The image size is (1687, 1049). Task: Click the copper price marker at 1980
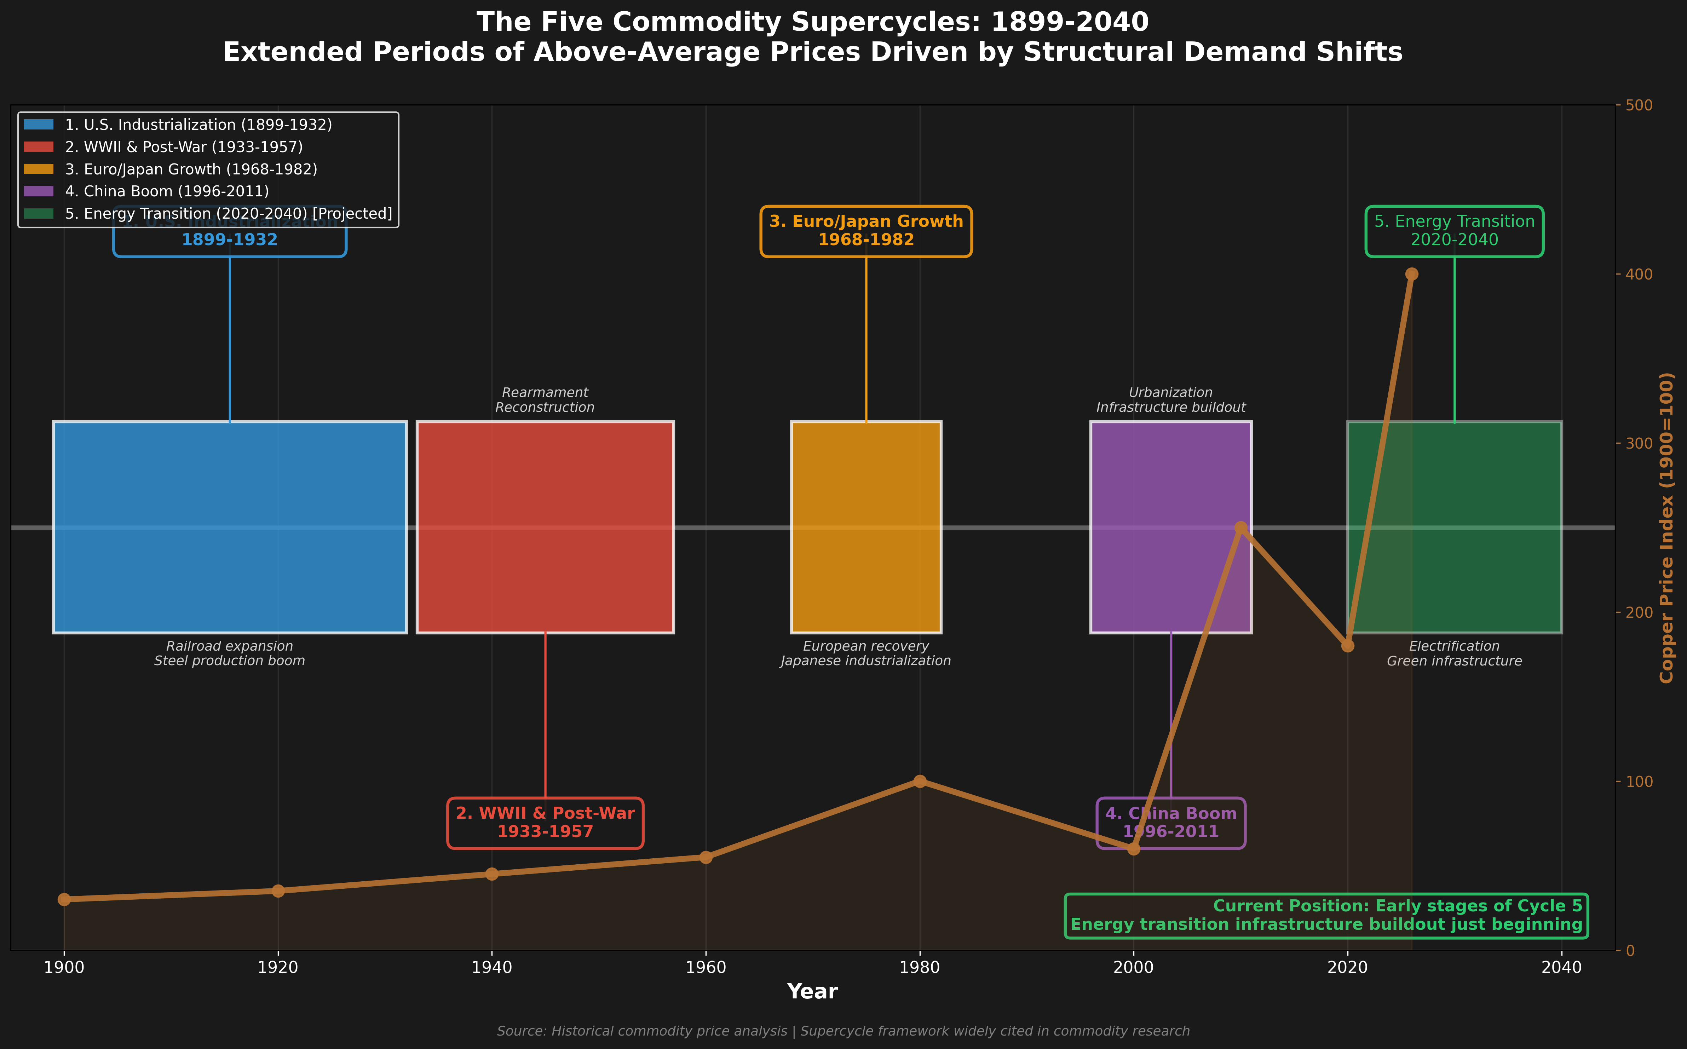click(x=920, y=781)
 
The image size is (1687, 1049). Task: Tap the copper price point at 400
click(x=1412, y=274)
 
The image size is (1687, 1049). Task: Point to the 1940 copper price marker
click(x=492, y=874)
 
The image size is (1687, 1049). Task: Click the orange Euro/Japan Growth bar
click(x=866, y=527)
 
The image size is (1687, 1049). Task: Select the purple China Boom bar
click(x=1171, y=486)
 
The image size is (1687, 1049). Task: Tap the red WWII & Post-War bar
click(x=545, y=527)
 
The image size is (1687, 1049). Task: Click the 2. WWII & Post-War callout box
click(x=545, y=823)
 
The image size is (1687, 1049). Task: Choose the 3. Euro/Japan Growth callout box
click(x=866, y=231)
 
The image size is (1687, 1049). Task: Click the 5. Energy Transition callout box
click(x=1455, y=231)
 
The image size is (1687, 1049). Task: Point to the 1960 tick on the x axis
click(x=706, y=967)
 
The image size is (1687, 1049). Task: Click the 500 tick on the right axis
click(x=1635, y=105)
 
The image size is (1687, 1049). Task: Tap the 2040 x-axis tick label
click(x=1561, y=967)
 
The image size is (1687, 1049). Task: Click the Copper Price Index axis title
click(x=1667, y=527)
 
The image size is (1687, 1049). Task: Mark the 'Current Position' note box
click(x=1326, y=916)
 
